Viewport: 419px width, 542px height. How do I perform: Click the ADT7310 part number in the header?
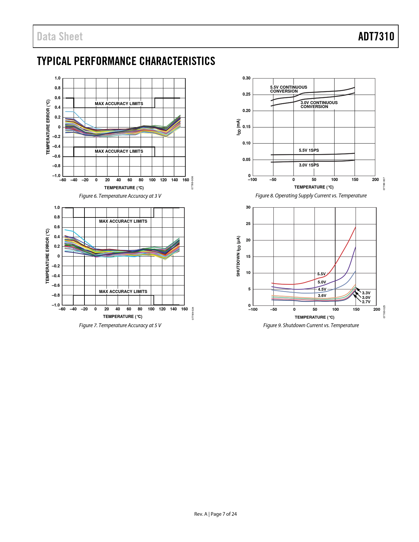[376, 36]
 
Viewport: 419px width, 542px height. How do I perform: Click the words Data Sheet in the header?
[60, 36]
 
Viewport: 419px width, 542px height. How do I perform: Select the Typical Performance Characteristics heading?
[126, 61]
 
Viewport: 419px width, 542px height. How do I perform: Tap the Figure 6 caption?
[120, 196]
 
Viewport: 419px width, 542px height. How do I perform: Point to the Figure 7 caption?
[120, 326]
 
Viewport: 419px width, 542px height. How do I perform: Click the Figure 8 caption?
[311, 196]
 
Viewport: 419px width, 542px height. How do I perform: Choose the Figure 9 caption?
[311, 326]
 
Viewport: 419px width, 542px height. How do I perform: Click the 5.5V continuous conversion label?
[289, 89]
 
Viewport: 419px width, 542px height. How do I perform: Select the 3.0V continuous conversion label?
[319, 104]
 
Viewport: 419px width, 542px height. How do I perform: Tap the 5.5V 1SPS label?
[309, 150]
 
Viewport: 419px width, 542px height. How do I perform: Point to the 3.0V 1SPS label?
[309, 165]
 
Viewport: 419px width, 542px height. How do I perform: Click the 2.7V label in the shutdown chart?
[366, 302]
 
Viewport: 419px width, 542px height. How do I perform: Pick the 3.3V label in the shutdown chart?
[366, 293]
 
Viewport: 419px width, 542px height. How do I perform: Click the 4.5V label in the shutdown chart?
[322, 289]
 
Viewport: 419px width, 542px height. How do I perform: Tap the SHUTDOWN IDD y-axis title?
[239, 256]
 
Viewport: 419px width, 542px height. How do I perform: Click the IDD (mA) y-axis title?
[239, 127]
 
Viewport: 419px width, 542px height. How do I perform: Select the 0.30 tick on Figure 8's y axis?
[246, 78]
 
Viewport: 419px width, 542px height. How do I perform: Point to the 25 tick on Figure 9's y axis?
[248, 224]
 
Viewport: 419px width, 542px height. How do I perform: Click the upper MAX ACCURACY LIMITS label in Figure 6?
[119, 104]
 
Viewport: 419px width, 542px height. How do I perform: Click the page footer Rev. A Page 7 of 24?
[215, 514]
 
